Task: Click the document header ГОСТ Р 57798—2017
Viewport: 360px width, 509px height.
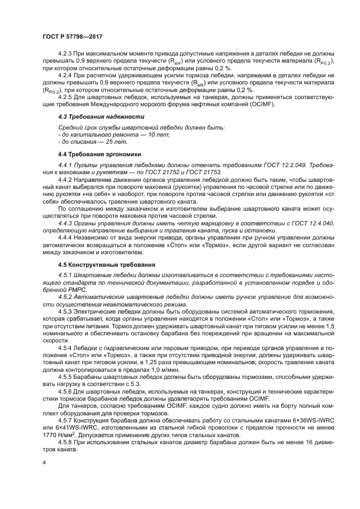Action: (x=72, y=36)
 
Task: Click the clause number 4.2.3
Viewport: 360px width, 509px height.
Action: (x=66, y=56)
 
